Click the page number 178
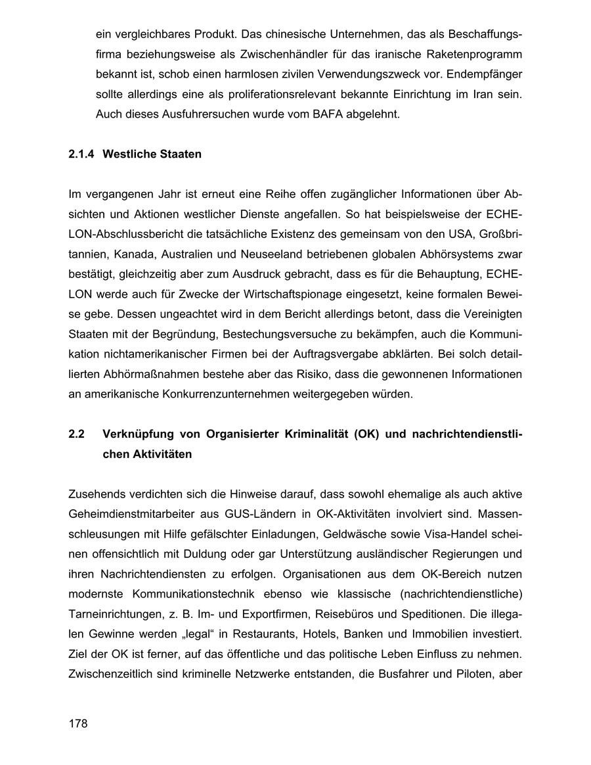pos(77,724)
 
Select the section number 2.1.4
pos(81,154)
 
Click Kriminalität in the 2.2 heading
pos(307,434)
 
